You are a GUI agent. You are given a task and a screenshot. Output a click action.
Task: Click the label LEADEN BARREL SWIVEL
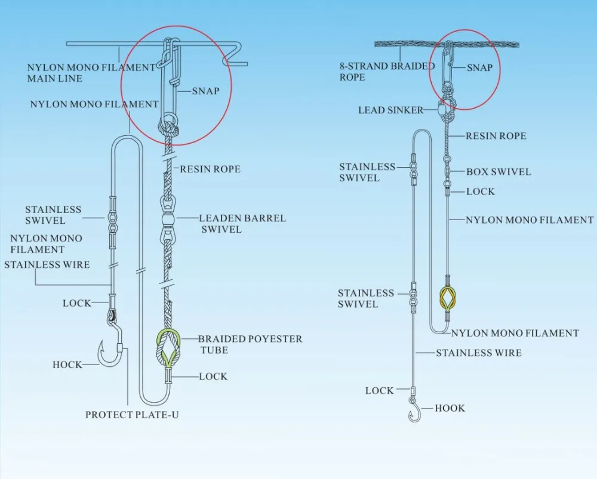[x=242, y=223]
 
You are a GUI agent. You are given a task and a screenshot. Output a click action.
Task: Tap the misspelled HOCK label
[x=67, y=364]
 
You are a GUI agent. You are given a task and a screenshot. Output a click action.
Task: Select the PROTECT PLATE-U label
[x=131, y=415]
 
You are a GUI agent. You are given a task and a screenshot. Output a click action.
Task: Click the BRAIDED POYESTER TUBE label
[x=250, y=344]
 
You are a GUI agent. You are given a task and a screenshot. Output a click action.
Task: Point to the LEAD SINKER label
[x=390, y=110]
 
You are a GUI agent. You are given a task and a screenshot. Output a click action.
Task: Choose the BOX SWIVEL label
[x=498, y=172]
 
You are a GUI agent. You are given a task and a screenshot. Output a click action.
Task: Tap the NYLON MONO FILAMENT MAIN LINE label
[x=91, y=73]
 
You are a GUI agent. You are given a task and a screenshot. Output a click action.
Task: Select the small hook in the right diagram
[x=414, y=410]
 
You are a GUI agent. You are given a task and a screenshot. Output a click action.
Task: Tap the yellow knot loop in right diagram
[x=448, y=296]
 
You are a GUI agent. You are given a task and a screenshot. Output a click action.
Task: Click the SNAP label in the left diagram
[x=205, y=91]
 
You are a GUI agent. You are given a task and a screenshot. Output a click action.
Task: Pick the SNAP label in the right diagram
[x=479, y=67]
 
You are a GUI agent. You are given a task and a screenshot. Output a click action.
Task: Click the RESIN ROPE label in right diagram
[x=496, y=136]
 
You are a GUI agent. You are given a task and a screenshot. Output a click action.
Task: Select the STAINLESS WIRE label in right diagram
[x=478, y=353]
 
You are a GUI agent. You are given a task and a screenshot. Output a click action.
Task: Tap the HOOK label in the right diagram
[x=450, y=408]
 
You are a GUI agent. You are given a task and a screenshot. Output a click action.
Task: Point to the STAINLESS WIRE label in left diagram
[x=47, y=264]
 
